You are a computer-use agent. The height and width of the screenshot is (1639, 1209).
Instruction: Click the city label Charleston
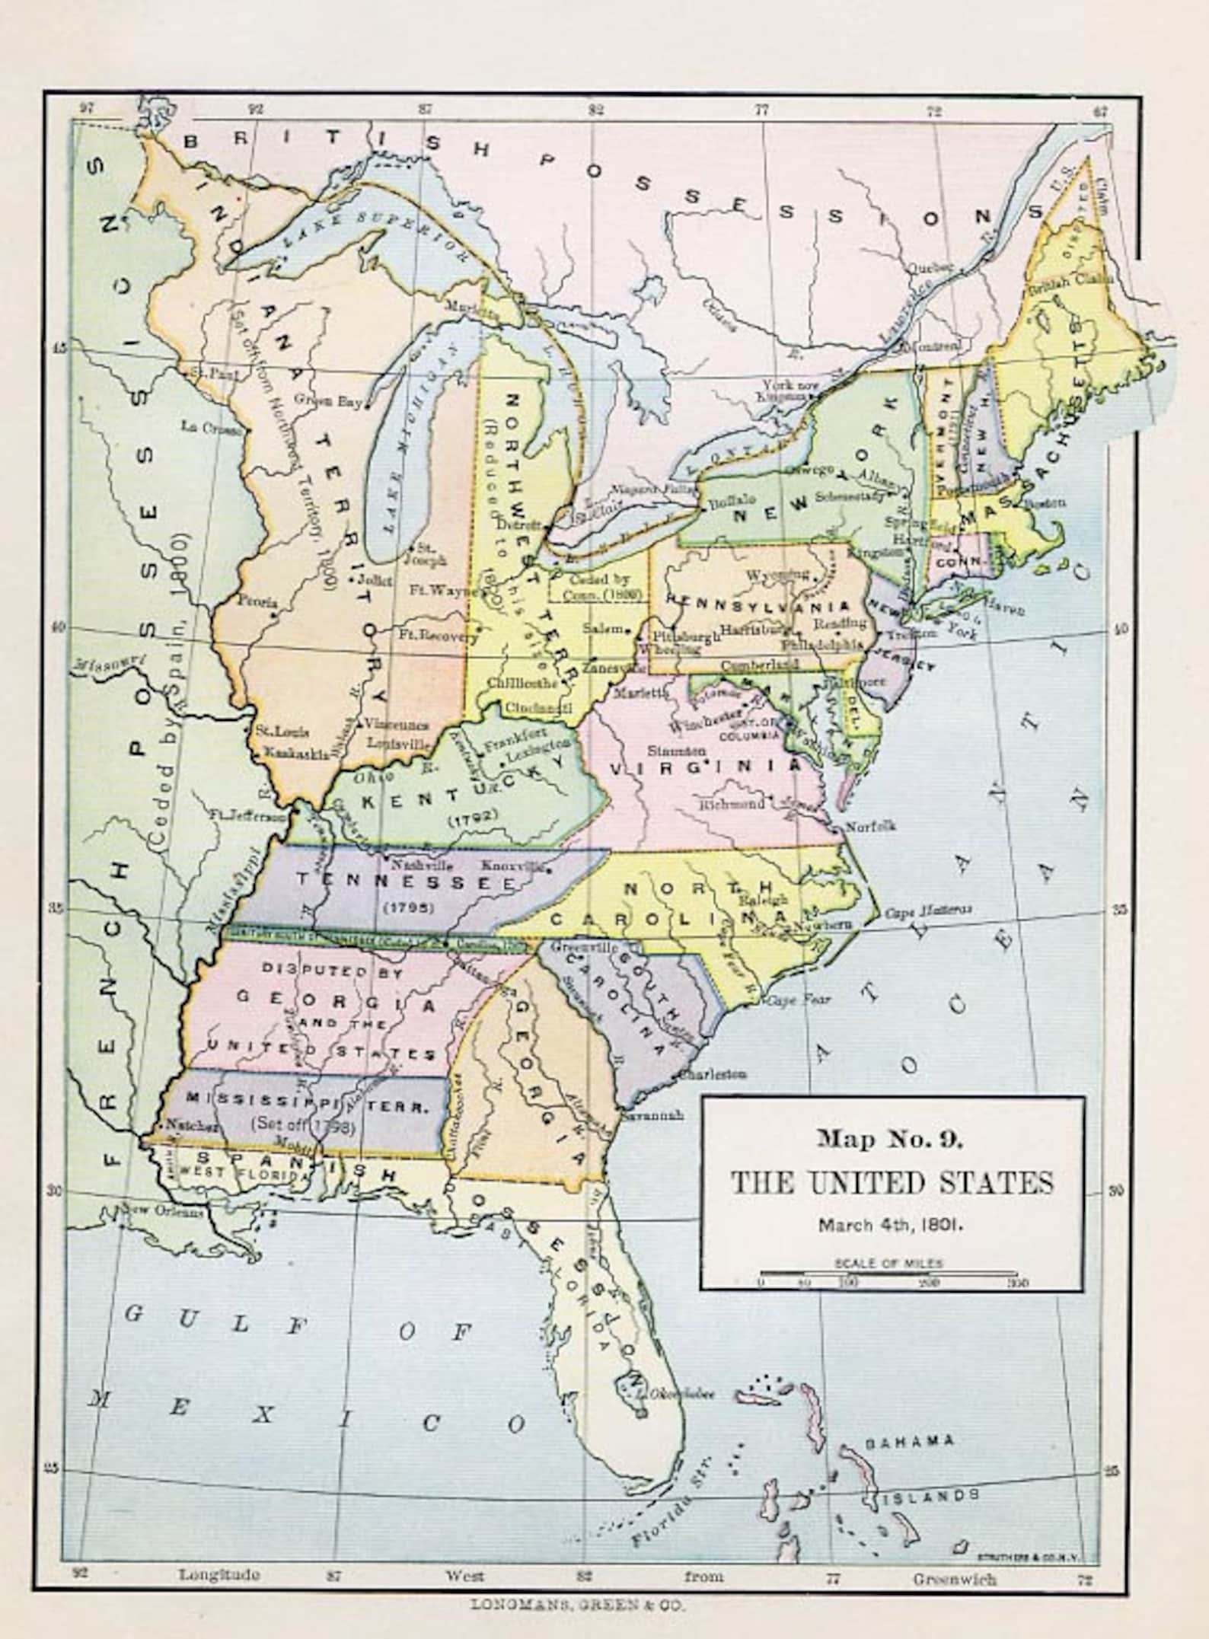(713, 1074)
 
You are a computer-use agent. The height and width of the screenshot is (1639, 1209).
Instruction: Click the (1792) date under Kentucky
(472, 819)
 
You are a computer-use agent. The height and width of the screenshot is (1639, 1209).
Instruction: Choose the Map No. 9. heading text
(891, 1139)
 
